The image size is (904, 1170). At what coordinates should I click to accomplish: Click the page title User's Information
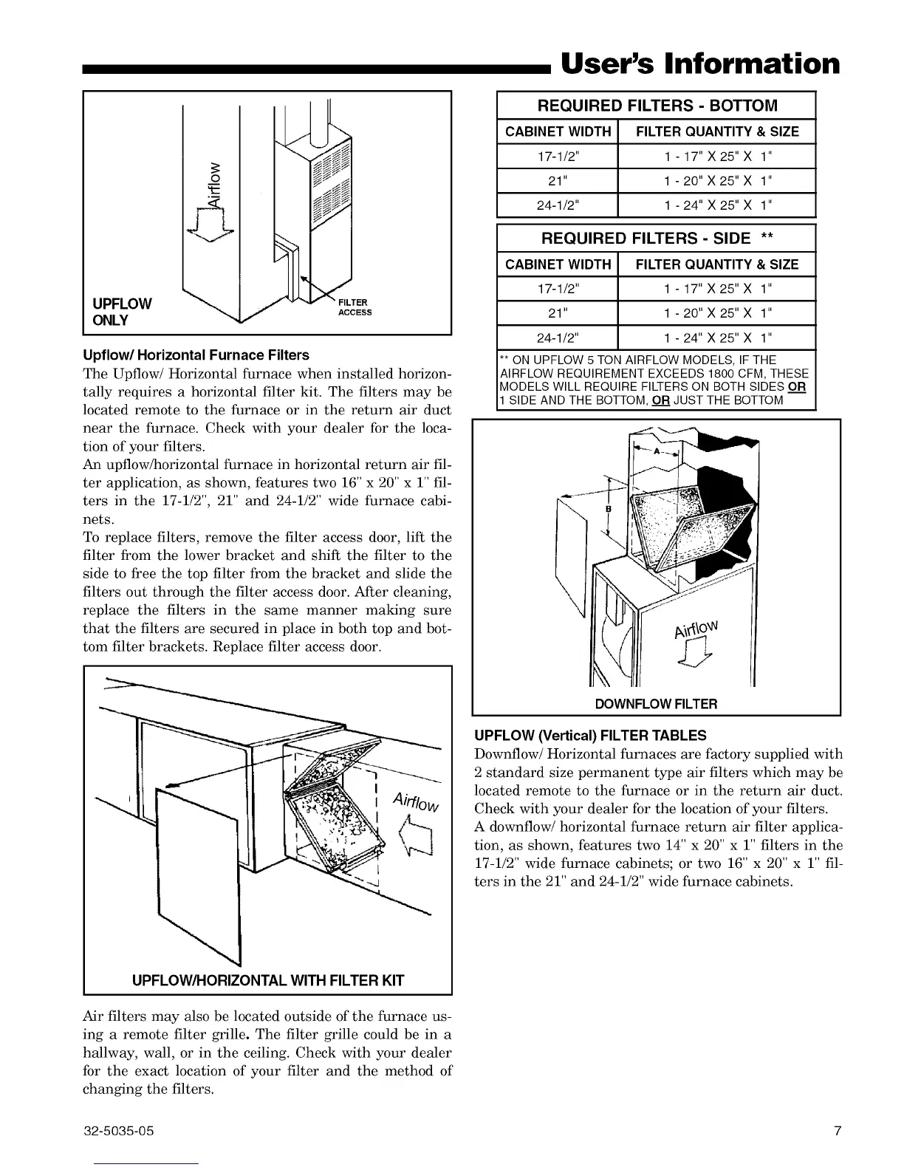(x=700, y=64)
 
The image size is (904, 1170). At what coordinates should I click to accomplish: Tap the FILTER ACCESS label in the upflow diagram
(x=355, y=307)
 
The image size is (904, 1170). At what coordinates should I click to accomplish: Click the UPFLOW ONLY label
(x=121, y=312)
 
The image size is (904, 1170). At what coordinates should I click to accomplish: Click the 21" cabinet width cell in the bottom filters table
(x=557, y=181)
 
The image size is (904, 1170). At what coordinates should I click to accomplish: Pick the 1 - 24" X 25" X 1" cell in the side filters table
(x=716, y=338)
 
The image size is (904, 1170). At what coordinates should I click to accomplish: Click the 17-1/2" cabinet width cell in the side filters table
(x=557, y=289)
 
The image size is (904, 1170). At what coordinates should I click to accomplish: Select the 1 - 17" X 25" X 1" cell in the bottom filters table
(x=716, y=157)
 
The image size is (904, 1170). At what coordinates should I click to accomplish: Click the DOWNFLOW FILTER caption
(x=656, y=704)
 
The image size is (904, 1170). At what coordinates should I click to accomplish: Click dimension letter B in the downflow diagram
(x=609, y=509)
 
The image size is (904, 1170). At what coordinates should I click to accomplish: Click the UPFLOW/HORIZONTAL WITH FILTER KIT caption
(x=267, y=981)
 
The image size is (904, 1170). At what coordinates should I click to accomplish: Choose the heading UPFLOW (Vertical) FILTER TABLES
(x=590, y=736)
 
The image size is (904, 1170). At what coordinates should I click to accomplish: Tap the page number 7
(x=837, y=1131)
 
